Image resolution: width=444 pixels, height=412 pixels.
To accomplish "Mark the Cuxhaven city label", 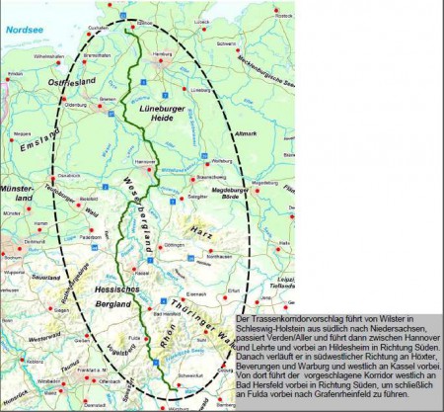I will tap(97, 30).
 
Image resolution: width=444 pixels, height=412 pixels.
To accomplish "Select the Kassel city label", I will tap(144, 273).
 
